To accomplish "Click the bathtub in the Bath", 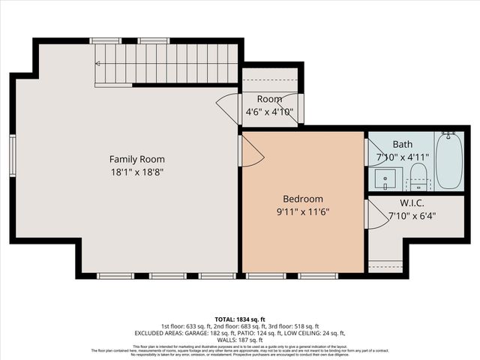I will [x=449, y=161].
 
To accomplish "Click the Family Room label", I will [x=137, y=159].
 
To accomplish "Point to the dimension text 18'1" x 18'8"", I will [x=137, y=172].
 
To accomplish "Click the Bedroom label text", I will [x=303, y=199].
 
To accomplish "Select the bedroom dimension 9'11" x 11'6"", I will [x=303, y=211].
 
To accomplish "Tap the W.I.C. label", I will [x=412, y=203].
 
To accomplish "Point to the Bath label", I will [x=403, y=144].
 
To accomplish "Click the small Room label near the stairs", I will [x=269, y=99].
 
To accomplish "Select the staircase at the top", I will [x=166, y=64].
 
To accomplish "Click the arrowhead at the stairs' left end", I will [x=97, y=64].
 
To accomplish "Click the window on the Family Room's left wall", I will [x=13, y=155].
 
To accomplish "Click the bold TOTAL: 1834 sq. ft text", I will [x=240, y=319].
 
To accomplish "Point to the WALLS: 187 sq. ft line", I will [x=240, y=339].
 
